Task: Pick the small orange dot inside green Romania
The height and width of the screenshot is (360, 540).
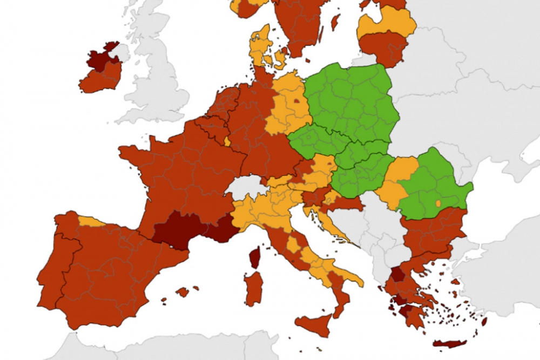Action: point(438,203)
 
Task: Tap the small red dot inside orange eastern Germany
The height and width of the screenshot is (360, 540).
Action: point(296,100)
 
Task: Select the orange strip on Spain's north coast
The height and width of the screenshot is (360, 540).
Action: point(91,221)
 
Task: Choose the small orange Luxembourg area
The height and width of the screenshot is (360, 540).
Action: point(227,141)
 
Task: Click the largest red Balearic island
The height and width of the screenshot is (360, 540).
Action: point(183,292)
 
